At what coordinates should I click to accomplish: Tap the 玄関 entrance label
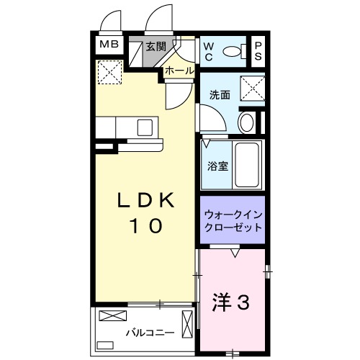click(156, 46)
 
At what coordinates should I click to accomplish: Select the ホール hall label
click(179, 71)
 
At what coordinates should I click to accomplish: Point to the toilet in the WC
click(233, 50)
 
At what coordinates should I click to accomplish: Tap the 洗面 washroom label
click(220, 94)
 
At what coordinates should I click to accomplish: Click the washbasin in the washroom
click(246, 121)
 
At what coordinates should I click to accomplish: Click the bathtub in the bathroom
click(248, 164)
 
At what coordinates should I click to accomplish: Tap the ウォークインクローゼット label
click(233, 220)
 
